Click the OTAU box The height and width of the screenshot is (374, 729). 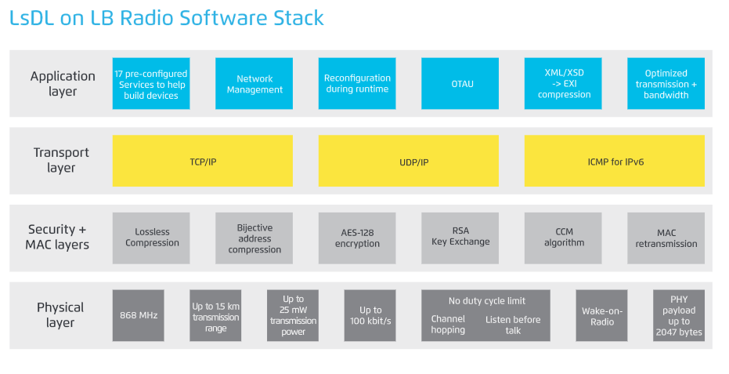point(460,83)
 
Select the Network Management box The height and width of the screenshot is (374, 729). point(254,83)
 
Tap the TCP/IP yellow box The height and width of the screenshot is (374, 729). point(203,161)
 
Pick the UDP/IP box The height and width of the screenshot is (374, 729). point(409,161)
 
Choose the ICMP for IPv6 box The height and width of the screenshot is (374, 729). point(615,161)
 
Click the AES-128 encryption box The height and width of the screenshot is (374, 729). point(357,238)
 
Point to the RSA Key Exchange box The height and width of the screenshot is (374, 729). point(460,238)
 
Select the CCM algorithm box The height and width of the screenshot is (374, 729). point(563,238)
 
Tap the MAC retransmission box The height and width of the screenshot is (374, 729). point(666,238)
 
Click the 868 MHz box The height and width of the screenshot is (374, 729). point(138,315)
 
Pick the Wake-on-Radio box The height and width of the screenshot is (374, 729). point(601,315)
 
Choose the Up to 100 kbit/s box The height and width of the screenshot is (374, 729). point(370,315)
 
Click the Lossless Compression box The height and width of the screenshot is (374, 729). point(151,238)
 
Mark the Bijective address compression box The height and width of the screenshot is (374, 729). point(254,238)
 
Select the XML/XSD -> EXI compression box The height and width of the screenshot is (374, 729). point(563,83)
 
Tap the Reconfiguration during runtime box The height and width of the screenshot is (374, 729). point(357,83)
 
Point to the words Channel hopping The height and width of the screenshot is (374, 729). point(448,324)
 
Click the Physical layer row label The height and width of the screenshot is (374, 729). point(60,315)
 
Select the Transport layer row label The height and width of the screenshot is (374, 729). point(61,160)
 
